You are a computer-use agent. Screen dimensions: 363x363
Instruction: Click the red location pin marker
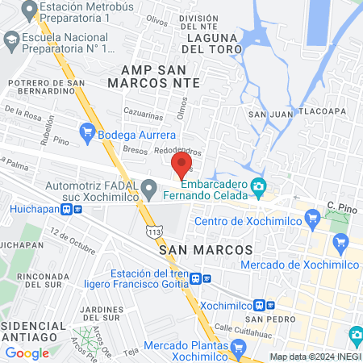point(181,165)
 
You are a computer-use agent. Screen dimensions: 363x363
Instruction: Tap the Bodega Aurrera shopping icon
point(87,129)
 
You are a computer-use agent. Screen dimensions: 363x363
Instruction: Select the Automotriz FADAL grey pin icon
point(148,190)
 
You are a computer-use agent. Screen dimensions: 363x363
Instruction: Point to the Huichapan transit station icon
point(77,209)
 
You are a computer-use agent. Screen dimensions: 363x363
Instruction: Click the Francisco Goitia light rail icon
point(207,279)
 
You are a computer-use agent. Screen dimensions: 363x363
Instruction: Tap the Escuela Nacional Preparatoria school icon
point(11,39)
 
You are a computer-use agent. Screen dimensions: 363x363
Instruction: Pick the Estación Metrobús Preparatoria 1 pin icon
point(29,10)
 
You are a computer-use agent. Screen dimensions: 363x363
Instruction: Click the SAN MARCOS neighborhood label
point(207,251)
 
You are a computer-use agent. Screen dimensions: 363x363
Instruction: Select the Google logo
point(27,353)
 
